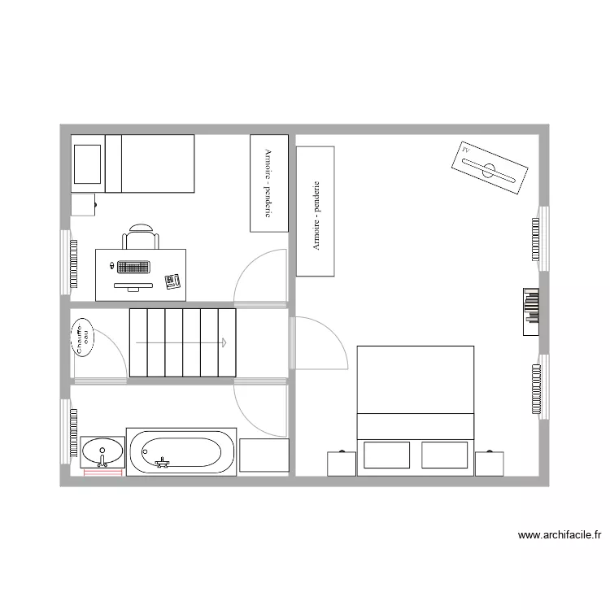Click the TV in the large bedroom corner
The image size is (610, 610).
point(489,170)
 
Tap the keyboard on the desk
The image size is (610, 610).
point(133,267)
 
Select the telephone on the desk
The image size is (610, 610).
point(172,281)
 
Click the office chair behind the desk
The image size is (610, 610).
point(140,237)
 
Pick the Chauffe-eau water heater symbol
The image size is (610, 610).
point(82,338)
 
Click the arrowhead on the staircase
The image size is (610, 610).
point(222,342)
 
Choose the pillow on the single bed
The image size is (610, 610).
point(88,163)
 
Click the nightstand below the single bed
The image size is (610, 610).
point(83,204)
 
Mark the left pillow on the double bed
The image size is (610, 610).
point(386,455)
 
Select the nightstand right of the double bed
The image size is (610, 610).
point(490,464)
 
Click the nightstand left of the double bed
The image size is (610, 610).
point(342,464)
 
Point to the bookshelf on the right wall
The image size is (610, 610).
point(531,312)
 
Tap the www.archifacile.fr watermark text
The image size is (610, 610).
point(559,535)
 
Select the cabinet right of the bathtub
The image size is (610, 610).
point(264,455)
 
